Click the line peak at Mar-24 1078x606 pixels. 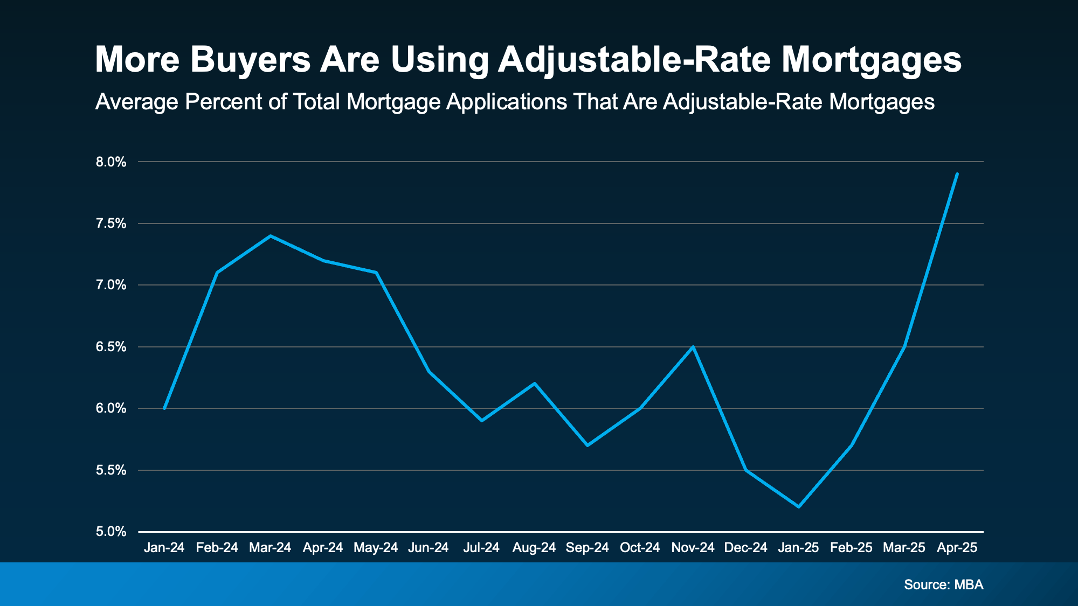pos(271,236)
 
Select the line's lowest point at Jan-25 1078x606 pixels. pos(799,506)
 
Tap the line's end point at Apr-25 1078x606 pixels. pos(957,174)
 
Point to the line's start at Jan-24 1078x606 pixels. pos(164,408)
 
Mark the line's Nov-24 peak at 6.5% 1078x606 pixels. pos(693,347)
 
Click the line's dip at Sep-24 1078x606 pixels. pos(587,445)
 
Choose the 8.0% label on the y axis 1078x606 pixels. pos(111,162)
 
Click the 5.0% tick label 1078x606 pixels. pos(111,532)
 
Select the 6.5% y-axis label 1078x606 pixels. pos(111,347)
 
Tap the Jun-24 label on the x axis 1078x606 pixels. pos(429,548)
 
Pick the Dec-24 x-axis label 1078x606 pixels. pos(745,548)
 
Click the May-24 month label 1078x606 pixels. pos(376,548)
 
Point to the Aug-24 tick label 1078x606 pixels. pos(534,548)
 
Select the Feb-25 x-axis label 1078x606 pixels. pos(851,548)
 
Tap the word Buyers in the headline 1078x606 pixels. pos(250,60)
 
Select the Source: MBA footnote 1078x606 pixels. pos(943,584)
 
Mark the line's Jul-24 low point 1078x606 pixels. pos(481,420)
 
